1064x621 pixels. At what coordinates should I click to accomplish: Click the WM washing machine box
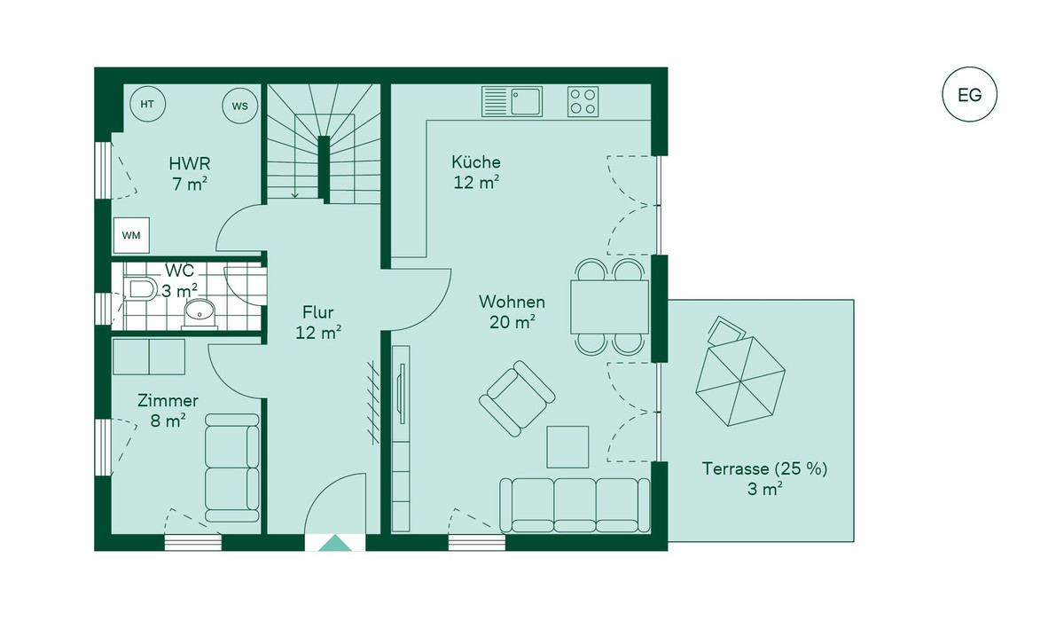131,235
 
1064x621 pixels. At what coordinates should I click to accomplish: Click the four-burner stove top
583,102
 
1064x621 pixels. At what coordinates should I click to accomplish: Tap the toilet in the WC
140,289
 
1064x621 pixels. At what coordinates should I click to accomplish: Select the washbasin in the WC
200,313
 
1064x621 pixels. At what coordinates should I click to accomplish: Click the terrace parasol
740,381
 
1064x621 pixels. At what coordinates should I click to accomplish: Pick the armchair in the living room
517,398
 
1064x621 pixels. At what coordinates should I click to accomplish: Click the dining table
609,307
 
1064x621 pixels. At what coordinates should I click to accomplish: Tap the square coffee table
567,446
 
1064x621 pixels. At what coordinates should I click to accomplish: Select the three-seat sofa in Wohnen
575,505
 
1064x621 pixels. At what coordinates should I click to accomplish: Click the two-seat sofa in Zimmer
232,468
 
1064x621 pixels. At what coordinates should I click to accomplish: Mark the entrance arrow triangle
335,543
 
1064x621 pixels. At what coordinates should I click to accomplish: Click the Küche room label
476,162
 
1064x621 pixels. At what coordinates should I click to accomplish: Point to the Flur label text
317,312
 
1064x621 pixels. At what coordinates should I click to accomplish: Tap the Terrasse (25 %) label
764,469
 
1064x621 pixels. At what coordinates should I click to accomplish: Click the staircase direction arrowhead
295,195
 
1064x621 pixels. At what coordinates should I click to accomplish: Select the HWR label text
190,164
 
